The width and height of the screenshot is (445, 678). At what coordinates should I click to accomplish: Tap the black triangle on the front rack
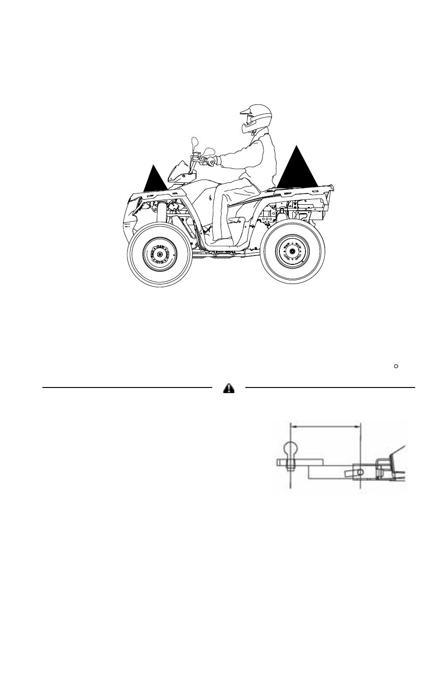(x=155, y=180)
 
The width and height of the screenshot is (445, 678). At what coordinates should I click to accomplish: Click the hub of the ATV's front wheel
(x=160, y=254)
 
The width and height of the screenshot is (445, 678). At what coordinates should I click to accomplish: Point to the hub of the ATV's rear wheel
(x=292, y=252)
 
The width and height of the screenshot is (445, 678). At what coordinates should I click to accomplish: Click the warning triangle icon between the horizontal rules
(x=229, y=388)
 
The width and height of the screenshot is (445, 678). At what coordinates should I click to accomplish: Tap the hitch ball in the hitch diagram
(x=291, y=450)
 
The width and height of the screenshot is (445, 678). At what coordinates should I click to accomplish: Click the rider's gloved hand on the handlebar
(x=212, y=162)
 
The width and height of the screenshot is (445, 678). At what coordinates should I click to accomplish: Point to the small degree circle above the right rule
(x=395, y=367)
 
